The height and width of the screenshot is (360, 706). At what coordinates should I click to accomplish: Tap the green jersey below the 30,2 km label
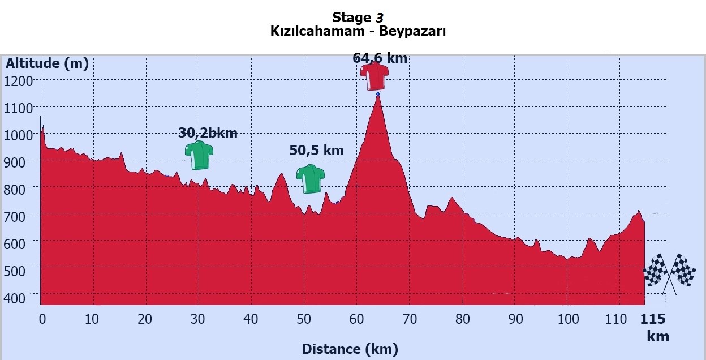[x=199, y=156]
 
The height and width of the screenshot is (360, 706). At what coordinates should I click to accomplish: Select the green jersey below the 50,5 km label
[x=311, y=179]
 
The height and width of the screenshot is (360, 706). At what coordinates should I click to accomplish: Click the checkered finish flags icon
[x=669, y=272]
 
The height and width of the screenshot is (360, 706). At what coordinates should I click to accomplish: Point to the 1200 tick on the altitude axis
[x=19, y=81]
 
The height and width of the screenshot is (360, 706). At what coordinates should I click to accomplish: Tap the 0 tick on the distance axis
[x=42, y=319]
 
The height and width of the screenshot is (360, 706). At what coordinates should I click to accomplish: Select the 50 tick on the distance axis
[x=304, y=319]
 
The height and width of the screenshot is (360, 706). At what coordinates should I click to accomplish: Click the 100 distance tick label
[x=568, y=319]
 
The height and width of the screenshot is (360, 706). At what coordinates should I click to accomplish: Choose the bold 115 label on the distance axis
[x=652, y=319]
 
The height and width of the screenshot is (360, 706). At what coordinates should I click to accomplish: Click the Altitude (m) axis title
[x=47, y=63]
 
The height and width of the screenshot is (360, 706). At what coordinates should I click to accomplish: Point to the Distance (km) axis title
[x=350, y=349]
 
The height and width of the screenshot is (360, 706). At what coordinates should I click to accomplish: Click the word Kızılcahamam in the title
[x=317, y=31]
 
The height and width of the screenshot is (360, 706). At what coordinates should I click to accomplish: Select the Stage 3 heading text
[x=358, y=17]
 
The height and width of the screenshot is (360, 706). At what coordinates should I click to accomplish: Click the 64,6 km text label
[x=384, y=58]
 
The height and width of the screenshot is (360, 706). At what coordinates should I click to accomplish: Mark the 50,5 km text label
[x=316, y=151]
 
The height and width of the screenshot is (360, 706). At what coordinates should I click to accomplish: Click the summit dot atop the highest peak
[x=377, y=94]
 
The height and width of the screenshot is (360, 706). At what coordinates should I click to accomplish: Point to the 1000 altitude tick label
[x=19, y=135]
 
